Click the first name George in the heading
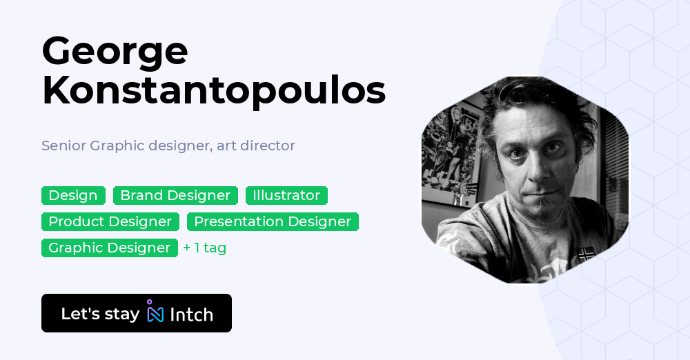coord(115,53)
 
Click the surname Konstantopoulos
coord(213,92)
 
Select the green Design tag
coord(73,196)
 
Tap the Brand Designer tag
coord(175,196)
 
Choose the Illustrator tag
coord(286,196)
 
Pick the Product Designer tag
coord(110,222)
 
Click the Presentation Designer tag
coord(273,222)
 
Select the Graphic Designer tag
coord(109,248)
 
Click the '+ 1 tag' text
coord(205,248)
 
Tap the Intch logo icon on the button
coord(155,312)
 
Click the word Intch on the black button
coord(191,314)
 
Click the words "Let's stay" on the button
coord(100,314)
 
